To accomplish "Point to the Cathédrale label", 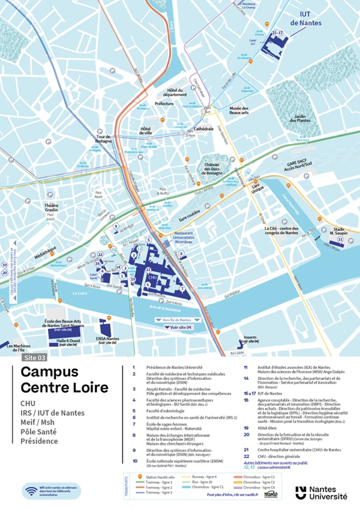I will [x=203, y=128].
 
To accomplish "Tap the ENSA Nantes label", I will [x=109, y=339].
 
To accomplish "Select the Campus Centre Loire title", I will [x=64, y=380].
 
